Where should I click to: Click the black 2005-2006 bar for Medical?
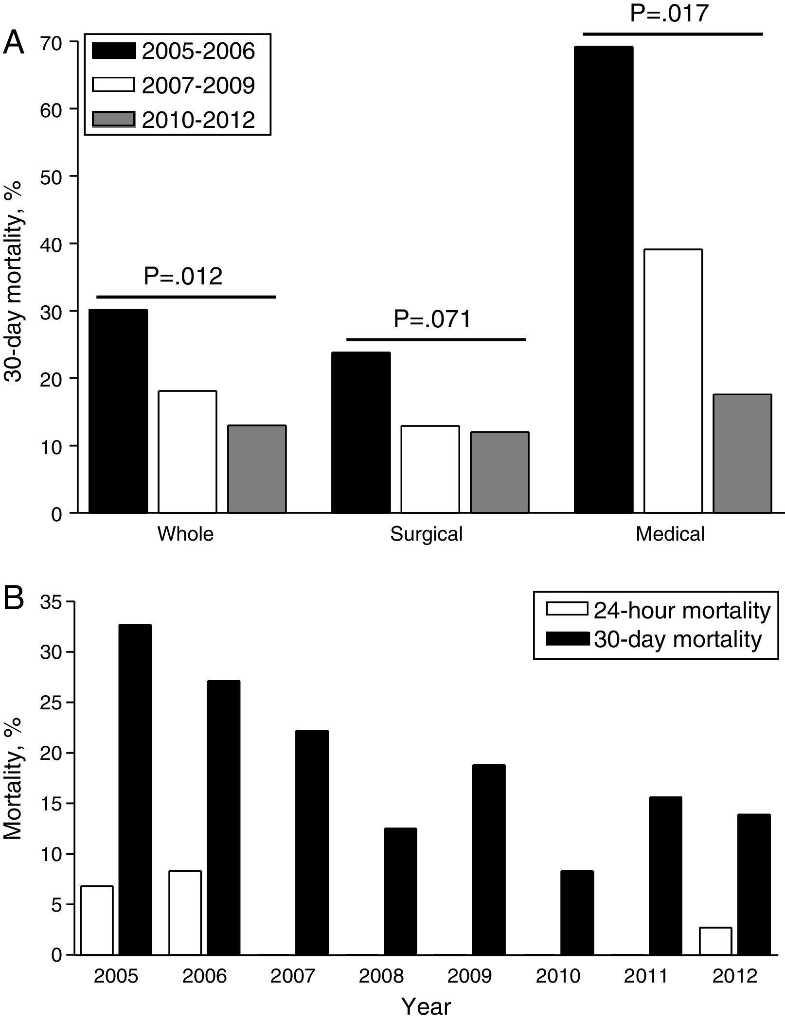click(x=604, y=280)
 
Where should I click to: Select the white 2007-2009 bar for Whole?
click(x=187, y=452)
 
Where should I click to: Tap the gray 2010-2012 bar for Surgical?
click(x=500, y=472)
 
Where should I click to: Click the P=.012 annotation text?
click(x=183, y=276)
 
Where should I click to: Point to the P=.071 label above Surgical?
click(x=432, y=319)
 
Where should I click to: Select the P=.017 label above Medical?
click(x=669, y=13)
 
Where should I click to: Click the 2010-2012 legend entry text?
click(x=198, y=119)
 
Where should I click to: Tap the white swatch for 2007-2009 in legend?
click(x=113, y=85)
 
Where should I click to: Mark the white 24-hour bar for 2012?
click(x=715, y=941)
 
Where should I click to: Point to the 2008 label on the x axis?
click(x=381, y=976)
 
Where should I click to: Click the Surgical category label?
click(x=427, y=534)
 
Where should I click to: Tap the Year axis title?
click(x=426, y=1007)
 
